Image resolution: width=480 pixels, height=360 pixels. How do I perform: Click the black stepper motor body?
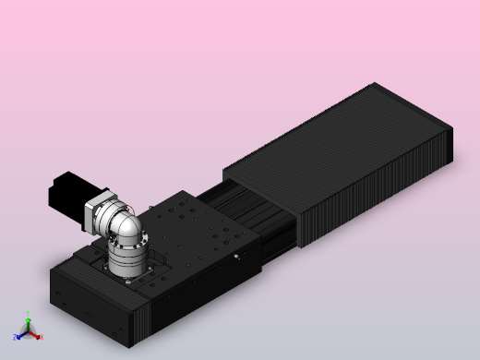coord(67,191)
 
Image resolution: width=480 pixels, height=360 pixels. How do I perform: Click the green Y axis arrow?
coord(28,323)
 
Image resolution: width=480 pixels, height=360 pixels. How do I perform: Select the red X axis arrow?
coord(35,335)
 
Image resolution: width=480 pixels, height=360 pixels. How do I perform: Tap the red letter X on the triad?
coord(42,338)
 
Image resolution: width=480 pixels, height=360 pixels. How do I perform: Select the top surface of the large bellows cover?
coord(332,148)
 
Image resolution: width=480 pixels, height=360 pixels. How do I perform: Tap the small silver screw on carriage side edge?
coord(236,257)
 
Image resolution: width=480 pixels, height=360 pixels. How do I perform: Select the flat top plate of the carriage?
coord(198,226)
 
